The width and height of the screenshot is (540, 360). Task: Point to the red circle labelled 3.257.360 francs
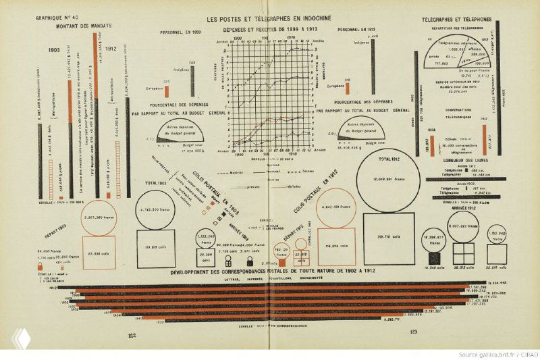(x=102, y=215)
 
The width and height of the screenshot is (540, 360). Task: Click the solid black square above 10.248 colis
(x=433, y=257)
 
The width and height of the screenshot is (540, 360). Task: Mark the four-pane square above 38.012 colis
(x=463, y=253)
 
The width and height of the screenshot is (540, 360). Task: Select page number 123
(x=413, y=332)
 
